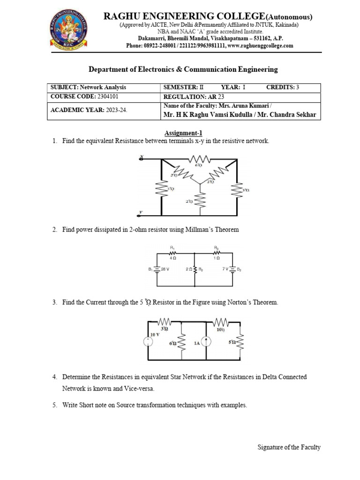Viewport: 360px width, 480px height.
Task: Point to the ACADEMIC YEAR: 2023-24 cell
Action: [x=89, y=110]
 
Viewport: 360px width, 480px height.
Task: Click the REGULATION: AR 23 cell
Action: [x=189, y=96]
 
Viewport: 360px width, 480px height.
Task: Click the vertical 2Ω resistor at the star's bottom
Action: [x=200, y=200]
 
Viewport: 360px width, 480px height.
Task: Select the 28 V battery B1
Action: [x=156, y=270]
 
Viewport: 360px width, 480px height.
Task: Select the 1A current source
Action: [x=207, y=343]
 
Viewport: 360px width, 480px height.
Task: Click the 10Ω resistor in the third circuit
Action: [x=220, y=322]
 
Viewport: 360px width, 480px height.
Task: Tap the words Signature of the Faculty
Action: [x=289, y=447]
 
